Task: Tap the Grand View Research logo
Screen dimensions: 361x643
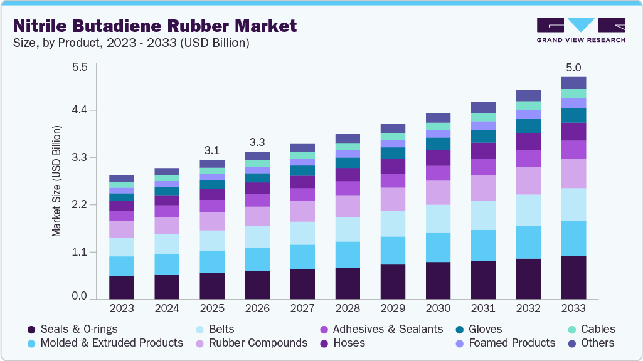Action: pos(581,30)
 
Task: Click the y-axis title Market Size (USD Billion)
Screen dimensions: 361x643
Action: pos(57,181)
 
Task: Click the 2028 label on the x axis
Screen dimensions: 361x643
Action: pos(348,308)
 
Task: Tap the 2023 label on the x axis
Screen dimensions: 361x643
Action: pos(122,308)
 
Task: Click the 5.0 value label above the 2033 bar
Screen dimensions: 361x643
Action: pos(573,67)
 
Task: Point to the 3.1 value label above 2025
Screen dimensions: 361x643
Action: pos(212,150)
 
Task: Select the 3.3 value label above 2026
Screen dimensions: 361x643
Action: pos(257,142)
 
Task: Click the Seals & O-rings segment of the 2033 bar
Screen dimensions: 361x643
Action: pos(573,278)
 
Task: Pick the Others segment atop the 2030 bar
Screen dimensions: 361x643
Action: pos(438,118)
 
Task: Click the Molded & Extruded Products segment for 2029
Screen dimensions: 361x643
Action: pos(393,251)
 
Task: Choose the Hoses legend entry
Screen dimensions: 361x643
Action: pos(349,343)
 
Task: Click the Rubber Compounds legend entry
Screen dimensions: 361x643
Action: pos(257,343)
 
